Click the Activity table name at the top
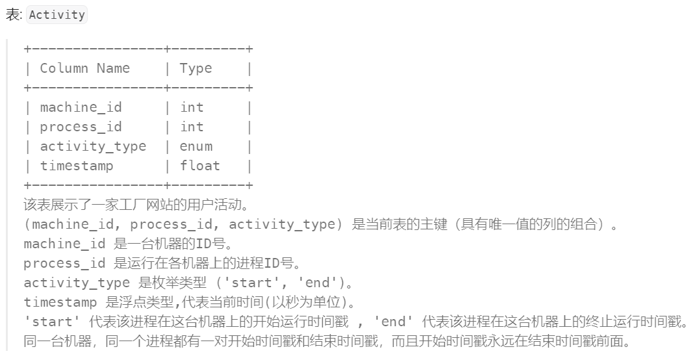[x=57, y=14]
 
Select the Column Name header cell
[x=84, y=68]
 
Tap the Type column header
[x=196, y=68]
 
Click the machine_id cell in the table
[x=81, y=107]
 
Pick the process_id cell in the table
[x=81, y=127]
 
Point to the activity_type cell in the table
[x=93, y=146]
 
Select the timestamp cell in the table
[x=77, y=166]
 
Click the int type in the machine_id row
[x=192, y=107]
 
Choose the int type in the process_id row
[x=192, y=127]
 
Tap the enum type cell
[x=196, y=146]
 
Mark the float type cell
[x=200, y=166]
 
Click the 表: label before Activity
[x=13, y=14]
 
